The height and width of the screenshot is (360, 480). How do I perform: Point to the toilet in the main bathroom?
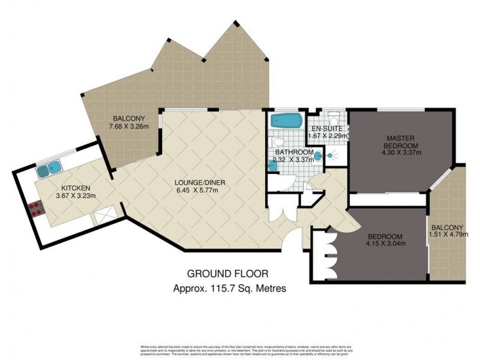[277, 143]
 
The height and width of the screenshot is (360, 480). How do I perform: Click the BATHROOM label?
[292, 152]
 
